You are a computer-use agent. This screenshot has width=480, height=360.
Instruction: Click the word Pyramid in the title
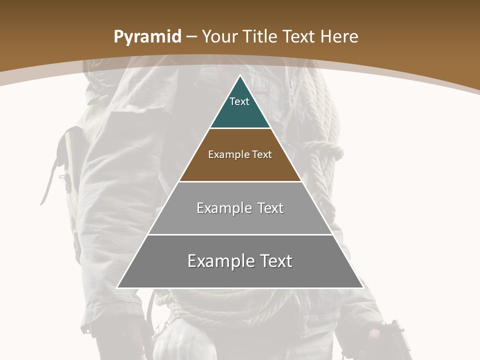click(x=147, y=37)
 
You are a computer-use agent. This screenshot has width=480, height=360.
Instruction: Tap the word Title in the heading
click(x=261, y=36)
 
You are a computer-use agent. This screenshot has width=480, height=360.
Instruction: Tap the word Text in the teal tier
click(x=239, y=101)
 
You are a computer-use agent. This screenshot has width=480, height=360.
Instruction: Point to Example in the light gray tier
click(x=223, y=208)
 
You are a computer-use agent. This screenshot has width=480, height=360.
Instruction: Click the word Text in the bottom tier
click(x=272, y=261)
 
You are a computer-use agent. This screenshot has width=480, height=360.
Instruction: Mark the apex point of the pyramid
click(x=240, y=75)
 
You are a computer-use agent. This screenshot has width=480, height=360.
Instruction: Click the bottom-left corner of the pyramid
click(x=117, y=288)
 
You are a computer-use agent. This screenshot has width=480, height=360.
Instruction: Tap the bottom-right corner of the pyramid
click(x=363, y=288)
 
